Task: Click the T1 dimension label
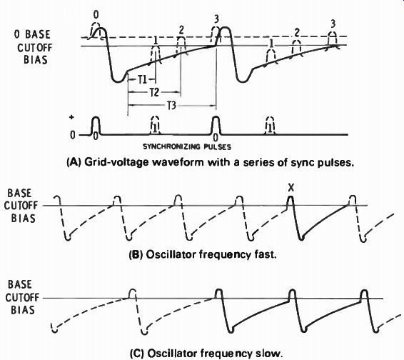(x=143, y=80)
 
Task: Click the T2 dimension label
(x=154, y=92)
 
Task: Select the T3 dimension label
(x=171, y=106)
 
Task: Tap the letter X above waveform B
(x=291, y=189)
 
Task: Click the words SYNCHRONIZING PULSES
(x=187, y=146)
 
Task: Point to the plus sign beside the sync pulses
(x=71, y=117)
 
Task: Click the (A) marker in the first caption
(x=72, y=163)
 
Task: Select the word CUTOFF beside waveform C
(x=22, y=298)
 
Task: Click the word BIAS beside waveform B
(x=23, y=219)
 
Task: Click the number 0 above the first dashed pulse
(x=96, y=15)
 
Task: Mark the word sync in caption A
(x=303, y=163)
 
